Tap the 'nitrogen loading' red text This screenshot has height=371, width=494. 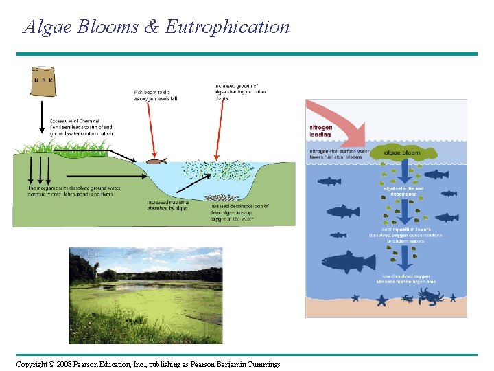coord(320,131)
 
